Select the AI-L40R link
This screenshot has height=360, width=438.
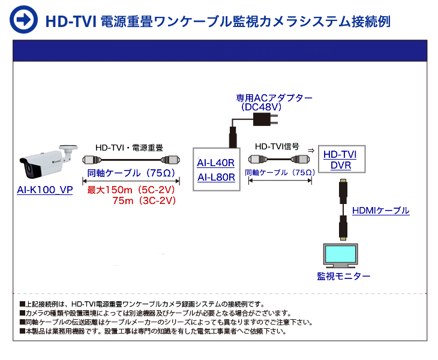coord(215,163)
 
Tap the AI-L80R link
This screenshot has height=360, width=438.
coord(215,177)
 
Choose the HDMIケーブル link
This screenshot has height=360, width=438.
coord(380,211)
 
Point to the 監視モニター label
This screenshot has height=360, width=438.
coord(343,276)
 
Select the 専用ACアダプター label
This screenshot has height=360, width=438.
coord(274,98)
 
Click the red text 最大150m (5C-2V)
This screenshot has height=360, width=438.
coord(131,190)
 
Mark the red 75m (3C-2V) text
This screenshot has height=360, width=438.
coord(144,201)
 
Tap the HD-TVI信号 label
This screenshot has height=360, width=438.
coord(277,146)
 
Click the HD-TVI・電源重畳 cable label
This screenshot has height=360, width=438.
coord(130,147)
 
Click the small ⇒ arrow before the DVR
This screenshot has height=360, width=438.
coord(310,149)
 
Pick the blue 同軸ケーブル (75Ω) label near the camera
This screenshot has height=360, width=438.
coord(131,173)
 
